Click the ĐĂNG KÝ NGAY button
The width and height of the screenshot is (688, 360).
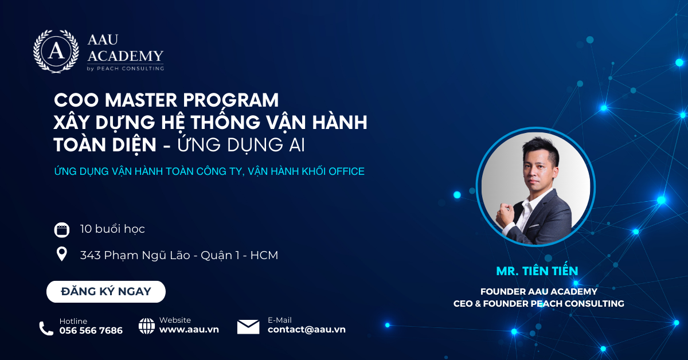pyautogui.click(x=106, y=292)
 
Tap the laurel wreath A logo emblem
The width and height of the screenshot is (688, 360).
pyautogui.click(x=56, y=51)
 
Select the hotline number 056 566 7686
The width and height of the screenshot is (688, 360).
pyautogui.click(x=91, y=331)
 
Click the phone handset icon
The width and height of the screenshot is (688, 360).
pyautogui.click(x=46, y=328)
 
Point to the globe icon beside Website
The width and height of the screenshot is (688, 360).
pyautogui.click(x=147, y=326)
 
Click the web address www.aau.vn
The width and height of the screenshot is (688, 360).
pyautogui.click(x=189, y=330)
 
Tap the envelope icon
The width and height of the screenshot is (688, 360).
pyautogui.click(x=248, y=327)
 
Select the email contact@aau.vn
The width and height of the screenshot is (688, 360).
pyautogui.click(x=307, y=330)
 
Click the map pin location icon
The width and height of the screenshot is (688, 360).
pyautogui.click(x=62, y=254)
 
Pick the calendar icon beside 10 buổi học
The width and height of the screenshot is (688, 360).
pyautogui.click(x=62, y=230)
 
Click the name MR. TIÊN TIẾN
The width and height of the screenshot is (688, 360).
pyautogui.click(x=537, y=271)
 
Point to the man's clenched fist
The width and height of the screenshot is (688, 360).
pyautogui.click(x=505, y=214)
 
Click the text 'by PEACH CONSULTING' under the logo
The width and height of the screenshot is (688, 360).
pyautogui.click(x=126, y=68)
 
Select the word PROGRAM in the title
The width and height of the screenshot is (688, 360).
pyautogui.click(x=231, y=100)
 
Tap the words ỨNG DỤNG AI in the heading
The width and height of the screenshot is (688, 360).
pyautogui.click(x=241, y=144)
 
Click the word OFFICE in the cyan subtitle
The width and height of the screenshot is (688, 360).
pyautogui.click(x=346, y=171)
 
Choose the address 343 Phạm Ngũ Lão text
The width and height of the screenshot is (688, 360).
pyautogui.click(x=135, y=256)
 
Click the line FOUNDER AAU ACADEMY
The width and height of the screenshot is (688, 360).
pyautogui.click(x=539, y=292)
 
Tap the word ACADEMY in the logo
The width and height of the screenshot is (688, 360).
pyautogui.click(x=126, y=56)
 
